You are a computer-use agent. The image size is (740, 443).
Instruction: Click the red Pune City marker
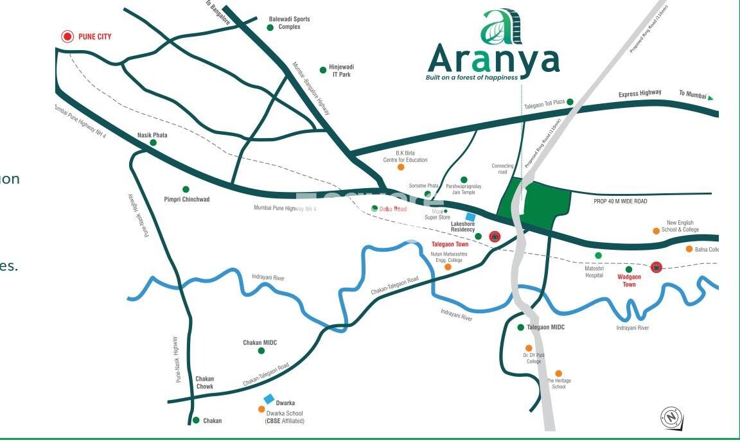(67, 37)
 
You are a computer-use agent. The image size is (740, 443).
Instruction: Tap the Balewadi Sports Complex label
(289, 23)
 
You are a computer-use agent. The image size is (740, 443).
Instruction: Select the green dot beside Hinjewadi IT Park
(323, 70)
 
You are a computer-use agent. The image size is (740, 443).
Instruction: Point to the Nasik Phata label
(152, 135)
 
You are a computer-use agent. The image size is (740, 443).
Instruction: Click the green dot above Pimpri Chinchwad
(186, 189)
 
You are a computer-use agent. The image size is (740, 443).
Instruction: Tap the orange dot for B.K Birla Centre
(401, 167)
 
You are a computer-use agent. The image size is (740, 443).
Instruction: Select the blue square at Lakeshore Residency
(471, 217)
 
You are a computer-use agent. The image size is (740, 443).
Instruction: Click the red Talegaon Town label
(450, 244)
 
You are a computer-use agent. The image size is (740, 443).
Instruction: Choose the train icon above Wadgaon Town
(656, 267)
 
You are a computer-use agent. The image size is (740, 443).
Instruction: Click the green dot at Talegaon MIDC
(521, 327)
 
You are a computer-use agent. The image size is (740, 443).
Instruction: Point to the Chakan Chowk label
(205, 383)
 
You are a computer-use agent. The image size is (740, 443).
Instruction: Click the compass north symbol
(671, 418)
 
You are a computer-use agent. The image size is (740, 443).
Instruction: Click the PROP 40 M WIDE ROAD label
(620, 202)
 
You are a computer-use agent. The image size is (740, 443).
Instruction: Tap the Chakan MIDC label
(260, 343)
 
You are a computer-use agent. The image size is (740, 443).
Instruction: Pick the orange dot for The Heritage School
(559, 374)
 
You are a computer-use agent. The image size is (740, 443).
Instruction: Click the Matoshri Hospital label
(594, 272)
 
